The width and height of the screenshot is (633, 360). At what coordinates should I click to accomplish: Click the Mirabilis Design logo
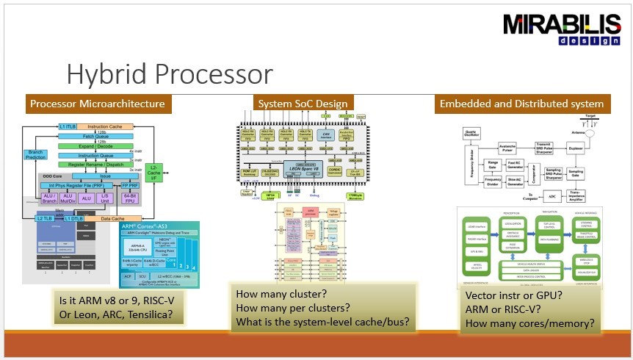561,29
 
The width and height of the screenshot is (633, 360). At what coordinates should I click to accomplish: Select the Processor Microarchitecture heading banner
97,104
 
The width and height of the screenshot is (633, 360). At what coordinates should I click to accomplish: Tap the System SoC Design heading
302,104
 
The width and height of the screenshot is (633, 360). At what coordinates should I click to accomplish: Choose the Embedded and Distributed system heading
521,104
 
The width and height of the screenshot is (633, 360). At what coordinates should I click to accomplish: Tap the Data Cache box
112,219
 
